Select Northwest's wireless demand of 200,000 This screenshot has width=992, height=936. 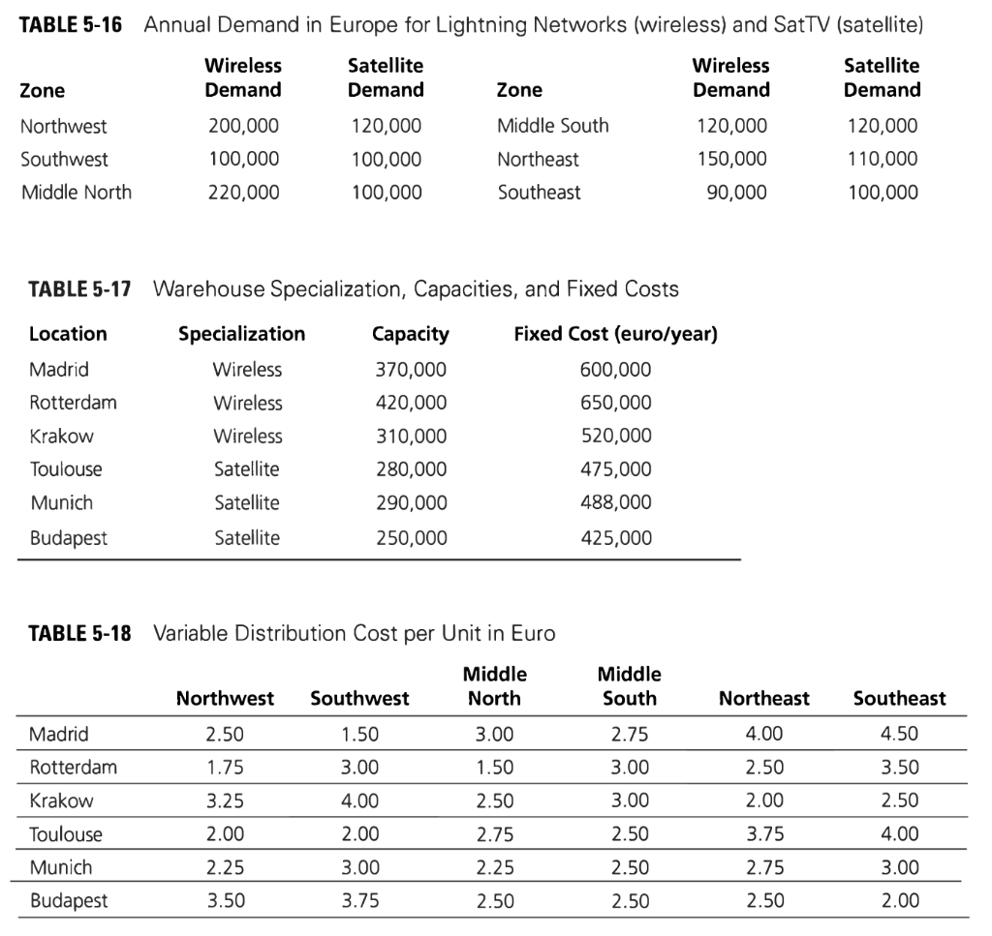(x=244, y=126)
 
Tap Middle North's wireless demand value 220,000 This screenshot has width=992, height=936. (x=244, y=192)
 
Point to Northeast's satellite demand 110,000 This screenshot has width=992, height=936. (x=883, y=159)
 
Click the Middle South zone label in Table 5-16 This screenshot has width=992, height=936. (x=553, y=126)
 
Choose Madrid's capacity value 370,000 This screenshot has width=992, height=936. (x=411, y=370)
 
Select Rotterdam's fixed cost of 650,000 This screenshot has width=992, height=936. (x=616, y=403)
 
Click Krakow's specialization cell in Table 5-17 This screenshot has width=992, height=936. (x=248, y=436)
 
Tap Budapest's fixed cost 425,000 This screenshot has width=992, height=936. (x=616, y=537)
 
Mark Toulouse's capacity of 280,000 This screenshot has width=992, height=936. (x=411, y=469)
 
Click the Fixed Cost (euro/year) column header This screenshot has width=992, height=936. (x=616, y=334)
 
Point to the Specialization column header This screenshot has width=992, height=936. (x=241, y=334)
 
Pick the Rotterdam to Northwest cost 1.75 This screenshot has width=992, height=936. (x=225, y=768)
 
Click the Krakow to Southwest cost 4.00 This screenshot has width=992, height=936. (x=360, y=800)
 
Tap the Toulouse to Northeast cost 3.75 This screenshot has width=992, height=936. (x=763, y=834)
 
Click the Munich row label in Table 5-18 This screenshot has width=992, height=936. (x=61, y=867)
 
